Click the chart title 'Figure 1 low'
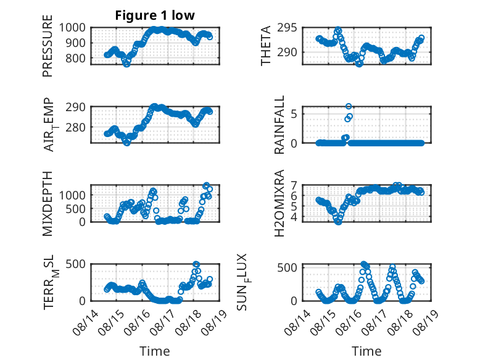tap(155, 15)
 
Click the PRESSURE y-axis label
tap(48, 46)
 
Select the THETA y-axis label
tap(266, 46)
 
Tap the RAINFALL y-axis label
tap(279, 125)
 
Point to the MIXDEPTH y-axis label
tap(48, 204)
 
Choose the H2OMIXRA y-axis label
tap(279, 204)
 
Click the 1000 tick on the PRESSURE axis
tap(72, 28)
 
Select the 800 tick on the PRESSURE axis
tap(75, 58)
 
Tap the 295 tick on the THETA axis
tap(287, 28)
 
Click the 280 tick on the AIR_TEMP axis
tap(75, 127)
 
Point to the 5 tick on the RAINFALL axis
tap(294, 114)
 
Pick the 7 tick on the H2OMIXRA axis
tap(294, 185)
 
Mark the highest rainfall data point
tap(349, 106)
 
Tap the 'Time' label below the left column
tap(155, 351)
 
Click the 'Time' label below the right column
tap(366, 351)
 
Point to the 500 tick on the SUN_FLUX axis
tap(287, 267)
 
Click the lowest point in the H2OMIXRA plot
tap(338, 222)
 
